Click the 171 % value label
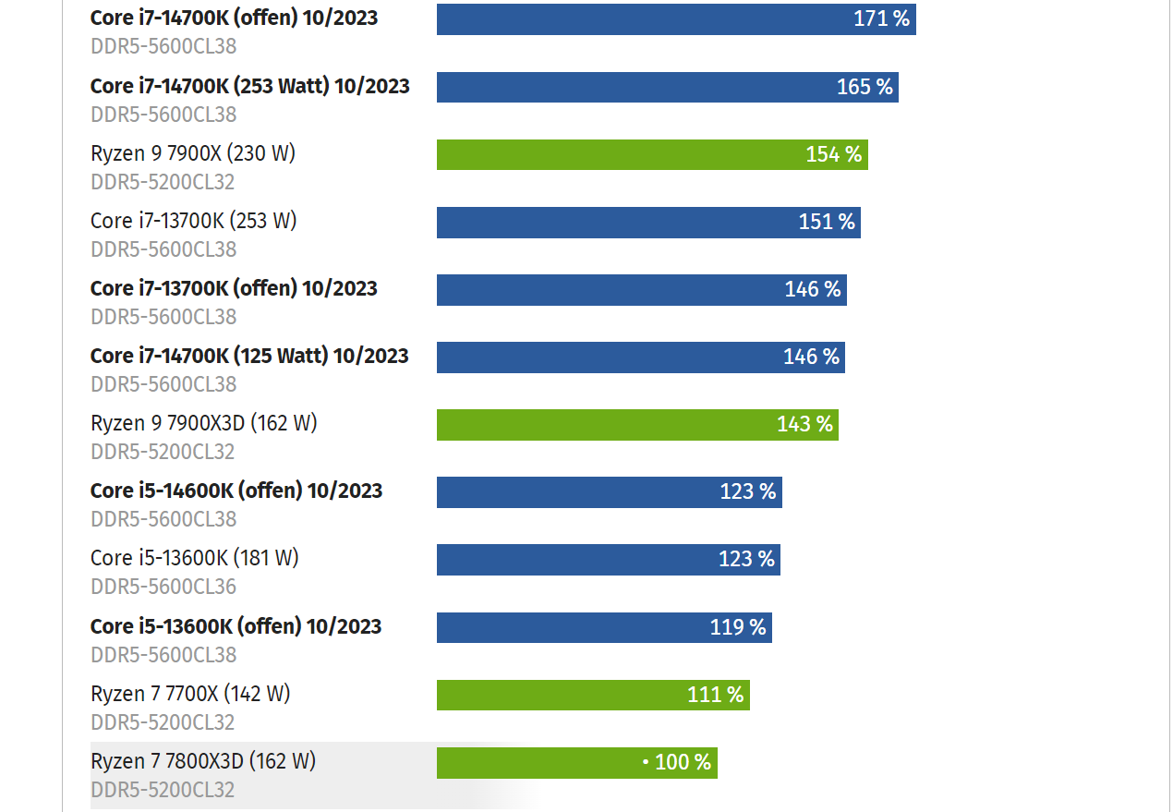pyautogui.click(x=881, y=18)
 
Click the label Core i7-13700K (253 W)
pyautogui.click(x=193, y=221)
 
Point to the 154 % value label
pyautogui.click(x=833, y=154)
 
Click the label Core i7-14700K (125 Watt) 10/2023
pyautogui.click(x=249, y=356)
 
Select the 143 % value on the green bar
pyautogui.click(x=804, y=424)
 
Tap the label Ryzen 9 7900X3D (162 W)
pyautogui.click(x=203, y=423)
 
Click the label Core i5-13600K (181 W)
pyautogui.click(x=194, y=558)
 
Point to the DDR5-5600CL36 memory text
pyautogui.click(x=163, y=587)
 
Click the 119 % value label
pyautogui.click(x=738, y=627)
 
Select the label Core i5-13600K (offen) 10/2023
pyautogui.click(x=236, y=626)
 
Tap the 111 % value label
pyautogui.click(x=715, y=695)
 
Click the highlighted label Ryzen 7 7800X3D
pyautogui.click(x=203, y=761)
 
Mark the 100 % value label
pyautogui.click(x=683, y=762)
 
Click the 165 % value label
pyautogui.click(x=865, y=87)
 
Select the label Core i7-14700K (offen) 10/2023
pyautogui.click(x=234, y=18)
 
